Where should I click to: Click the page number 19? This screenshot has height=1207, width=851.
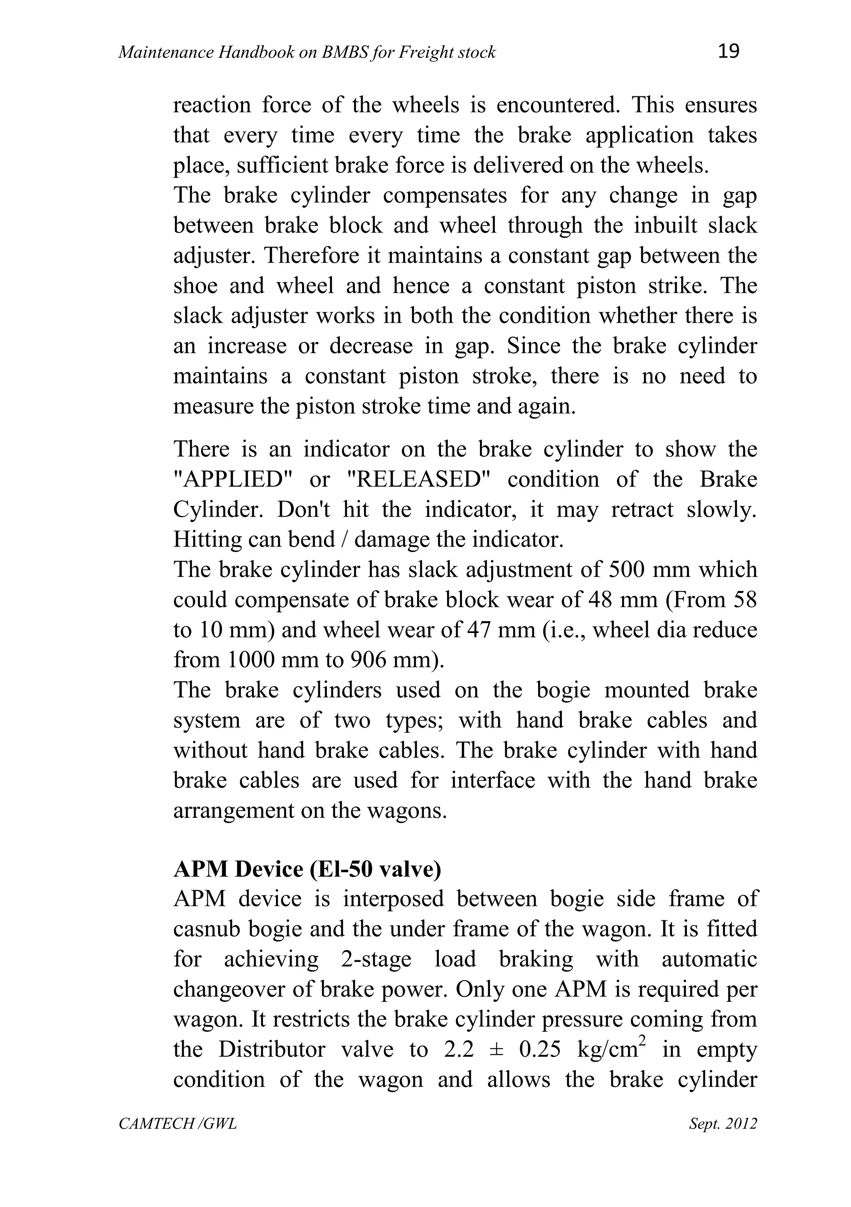click(728, 51)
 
